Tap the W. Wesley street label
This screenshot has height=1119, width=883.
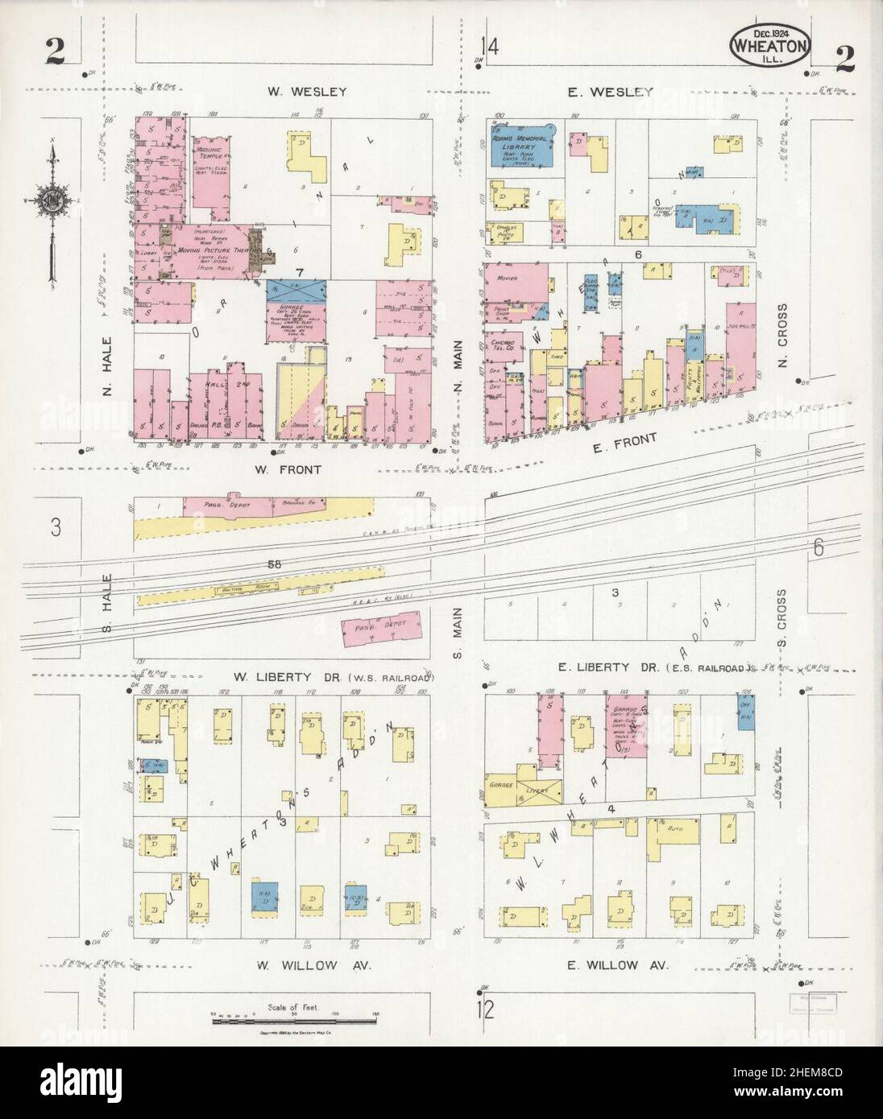tap(308, 92)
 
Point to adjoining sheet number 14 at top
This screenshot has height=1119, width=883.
tap(490, 47)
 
